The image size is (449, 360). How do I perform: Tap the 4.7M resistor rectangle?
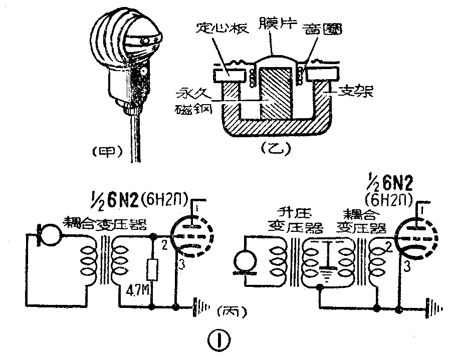152,271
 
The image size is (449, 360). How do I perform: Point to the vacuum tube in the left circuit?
192,235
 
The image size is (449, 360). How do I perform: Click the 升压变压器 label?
295,220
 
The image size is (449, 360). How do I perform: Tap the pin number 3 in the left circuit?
181,266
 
